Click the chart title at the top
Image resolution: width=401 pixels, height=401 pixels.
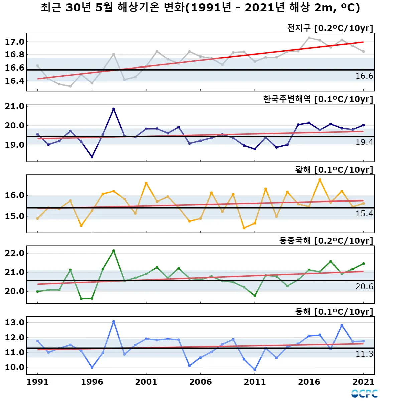point(200,8)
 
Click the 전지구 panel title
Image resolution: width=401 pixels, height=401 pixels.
point(330,28)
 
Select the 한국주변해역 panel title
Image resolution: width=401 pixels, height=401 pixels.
point(318,99)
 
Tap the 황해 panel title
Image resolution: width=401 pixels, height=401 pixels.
point(334,170)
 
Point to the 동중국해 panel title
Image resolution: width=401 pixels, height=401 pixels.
point(326,241)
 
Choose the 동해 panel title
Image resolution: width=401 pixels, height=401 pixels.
point(334,312)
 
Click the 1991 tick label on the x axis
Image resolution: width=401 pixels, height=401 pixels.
point(37,382)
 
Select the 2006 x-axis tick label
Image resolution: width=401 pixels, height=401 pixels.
point(200,382)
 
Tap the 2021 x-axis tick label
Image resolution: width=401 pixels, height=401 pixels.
point(363,382)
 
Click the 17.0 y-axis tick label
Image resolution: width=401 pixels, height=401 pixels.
point(15,42)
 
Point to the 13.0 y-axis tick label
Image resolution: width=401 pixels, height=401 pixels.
point(15,323)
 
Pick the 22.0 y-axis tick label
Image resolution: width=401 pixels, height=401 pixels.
point(15,253)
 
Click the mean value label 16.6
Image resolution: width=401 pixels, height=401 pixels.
point(364,76)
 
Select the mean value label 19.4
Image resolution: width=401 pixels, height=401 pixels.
point(364,142)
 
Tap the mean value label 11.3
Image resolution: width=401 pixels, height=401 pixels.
point(364,354)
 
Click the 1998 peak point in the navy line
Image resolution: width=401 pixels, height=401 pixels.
point(114,109)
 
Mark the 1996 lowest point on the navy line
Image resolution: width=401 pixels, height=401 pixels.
point(92,157)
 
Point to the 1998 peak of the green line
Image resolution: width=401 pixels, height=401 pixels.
point(114,251)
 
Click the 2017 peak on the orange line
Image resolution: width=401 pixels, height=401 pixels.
point(320,180)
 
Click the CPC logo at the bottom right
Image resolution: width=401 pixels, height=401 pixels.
point(364,394)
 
